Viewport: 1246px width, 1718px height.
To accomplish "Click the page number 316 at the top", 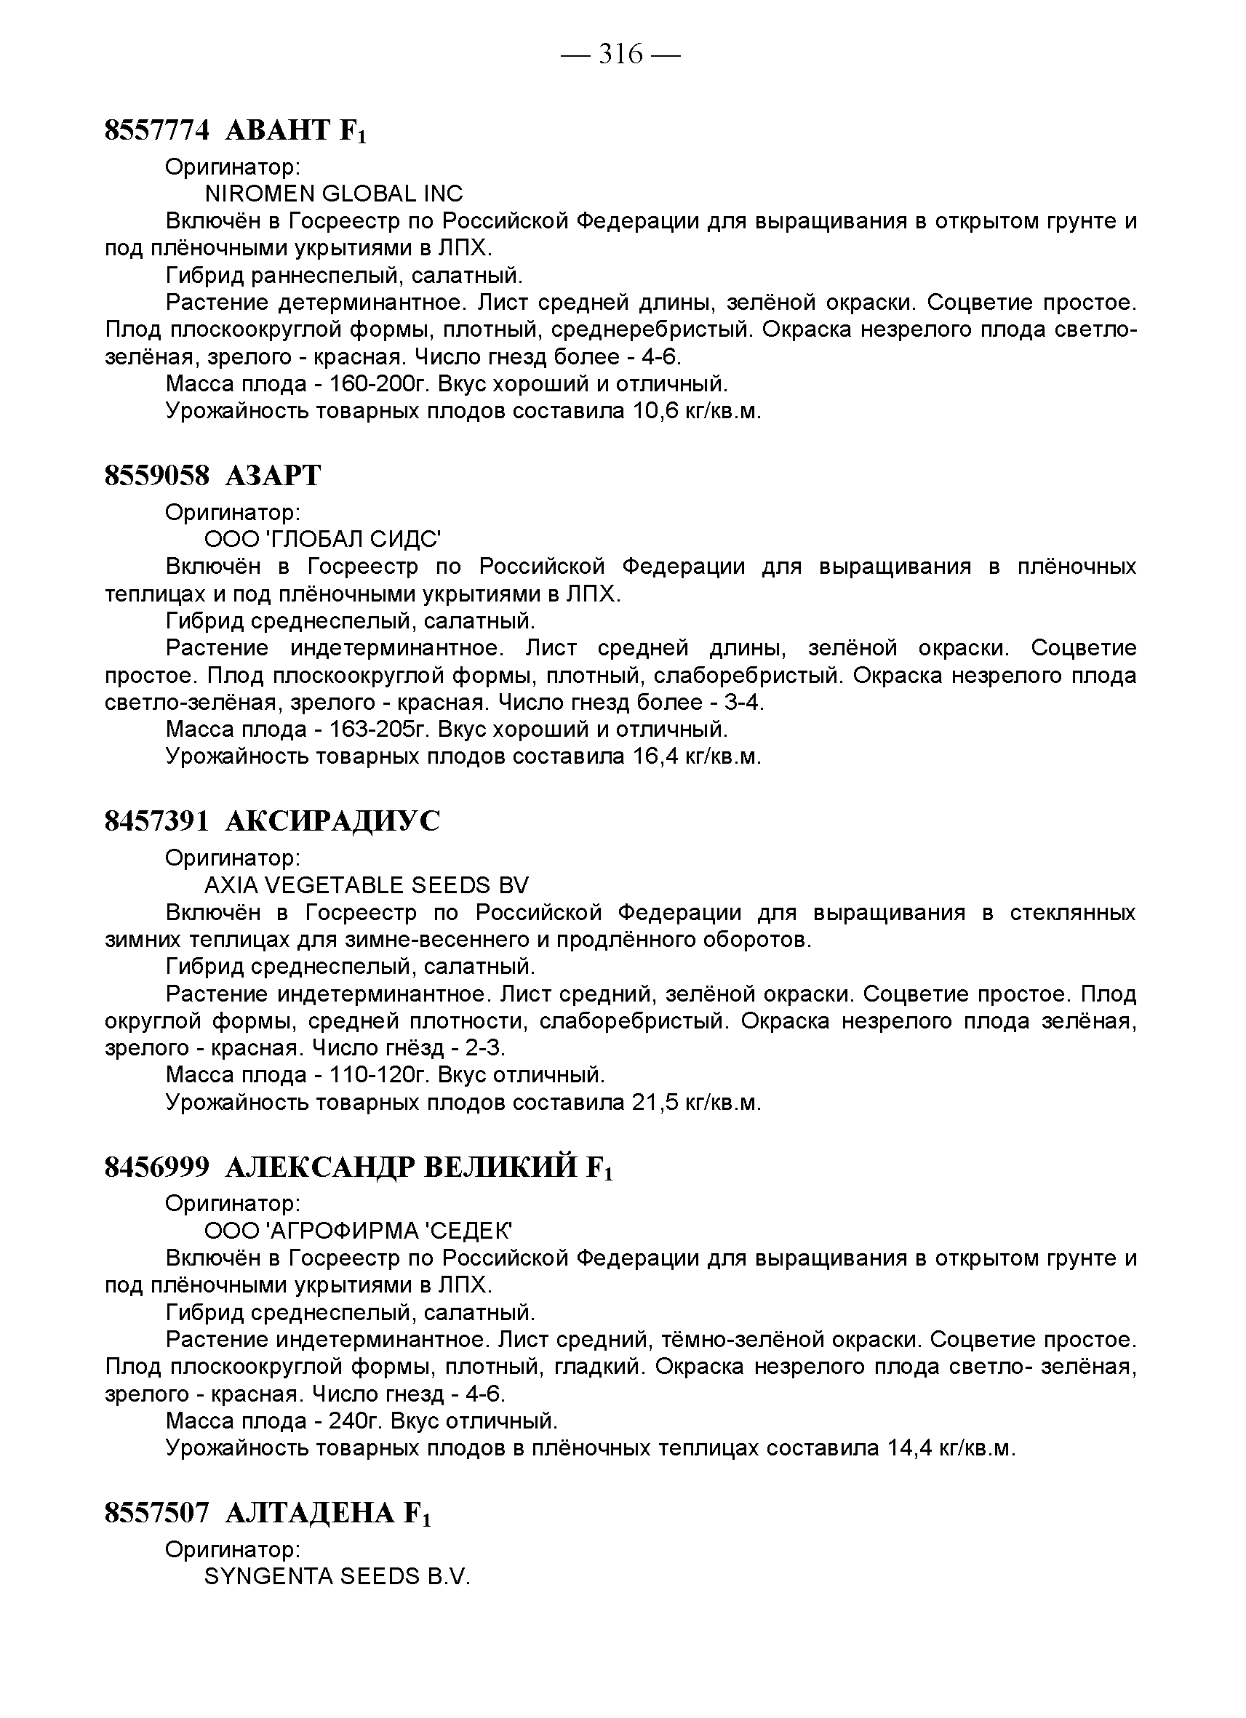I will click(x=620, y=55).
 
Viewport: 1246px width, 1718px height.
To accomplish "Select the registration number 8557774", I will click(x=156, y=130).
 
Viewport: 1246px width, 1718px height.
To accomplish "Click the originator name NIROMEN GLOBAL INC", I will click(x=334, y=194).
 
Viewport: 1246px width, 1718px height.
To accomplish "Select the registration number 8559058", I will click(x=156, y=476).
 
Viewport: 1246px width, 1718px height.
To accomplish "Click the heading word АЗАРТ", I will click(x=273, y=476).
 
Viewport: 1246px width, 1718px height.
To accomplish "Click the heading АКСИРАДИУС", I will click(x=332, y=821).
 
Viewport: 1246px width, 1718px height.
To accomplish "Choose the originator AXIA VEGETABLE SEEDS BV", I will click(x=367, y=884).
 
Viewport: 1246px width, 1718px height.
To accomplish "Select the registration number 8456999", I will click(x=156, y=1167).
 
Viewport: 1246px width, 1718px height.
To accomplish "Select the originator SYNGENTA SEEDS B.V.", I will click(x=338, y=1576).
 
